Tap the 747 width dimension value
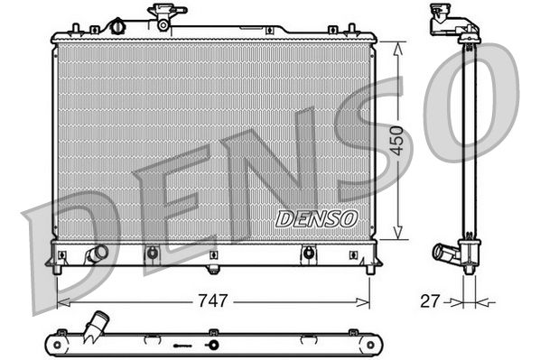[x=213, y=300]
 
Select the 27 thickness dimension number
[x=430, y=300]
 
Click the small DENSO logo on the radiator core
[x=316, y=218]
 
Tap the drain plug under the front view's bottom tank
[x=213, y=268]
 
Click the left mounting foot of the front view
[x=57, y=267]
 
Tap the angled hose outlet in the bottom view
[x=96, y=324]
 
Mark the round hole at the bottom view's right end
[x=369, y=345]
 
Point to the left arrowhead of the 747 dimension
[x=60, y=301]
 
